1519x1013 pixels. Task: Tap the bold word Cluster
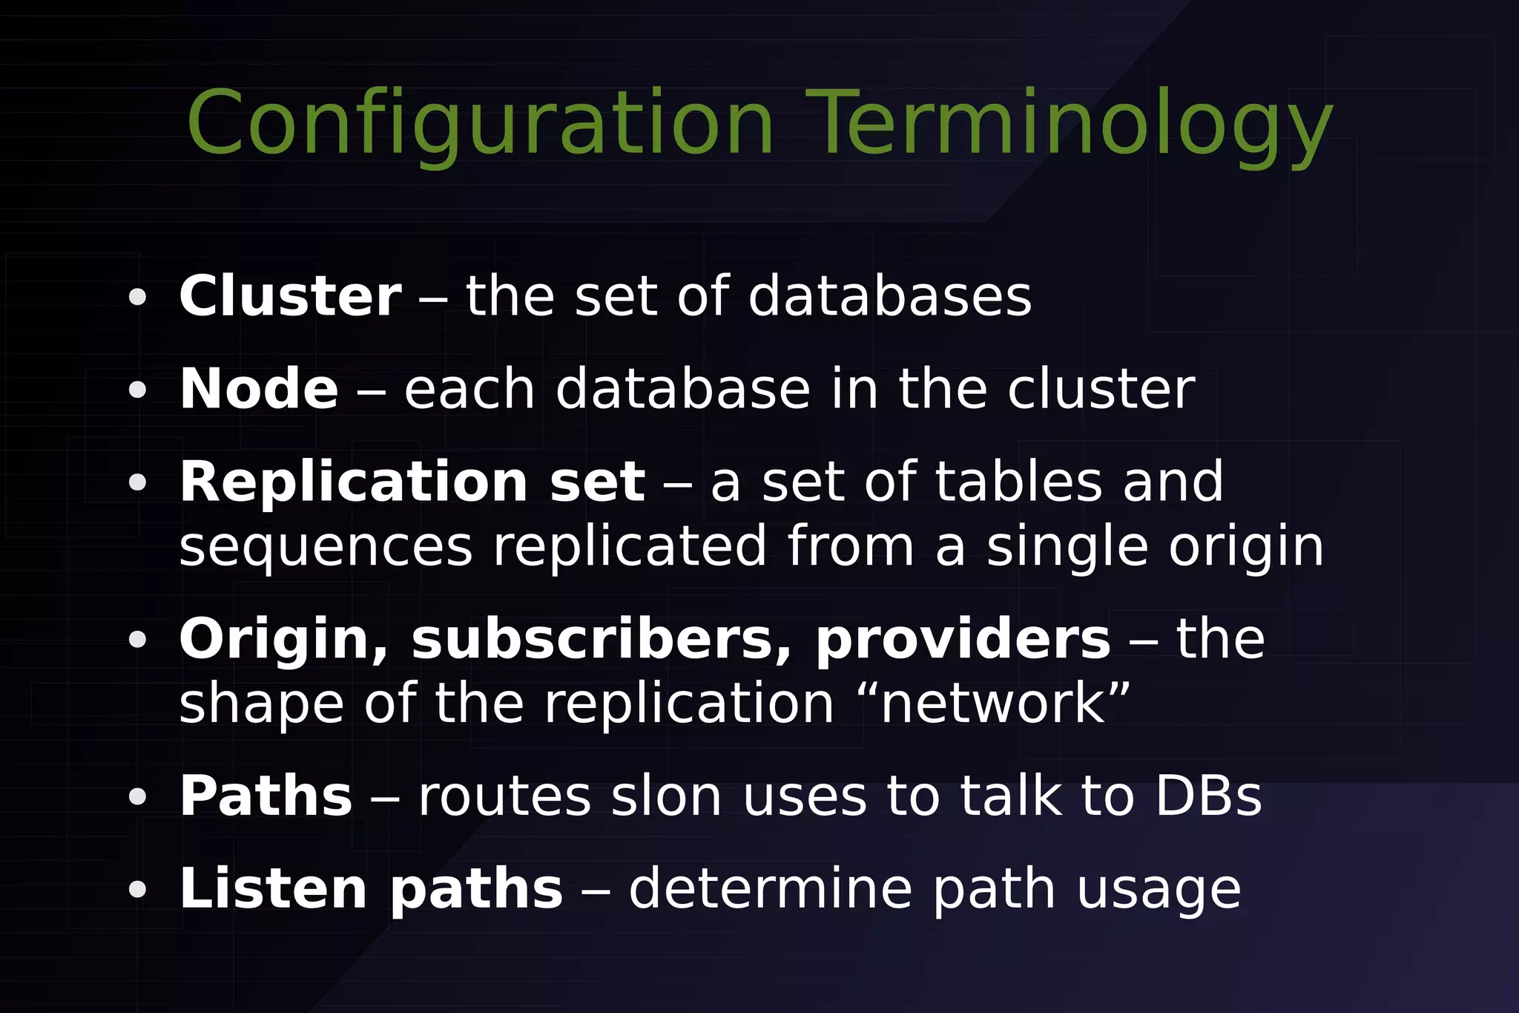290,296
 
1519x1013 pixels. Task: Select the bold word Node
259,389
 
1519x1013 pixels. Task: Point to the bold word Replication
353,482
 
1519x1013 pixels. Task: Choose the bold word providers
963,640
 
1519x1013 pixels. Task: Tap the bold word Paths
266,796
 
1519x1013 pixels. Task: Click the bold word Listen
273,888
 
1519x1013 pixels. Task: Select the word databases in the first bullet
889,296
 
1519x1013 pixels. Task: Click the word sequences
326,547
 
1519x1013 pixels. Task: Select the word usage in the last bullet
1159,890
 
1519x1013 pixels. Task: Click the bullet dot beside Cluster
137,297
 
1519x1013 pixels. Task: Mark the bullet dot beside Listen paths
137,889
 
